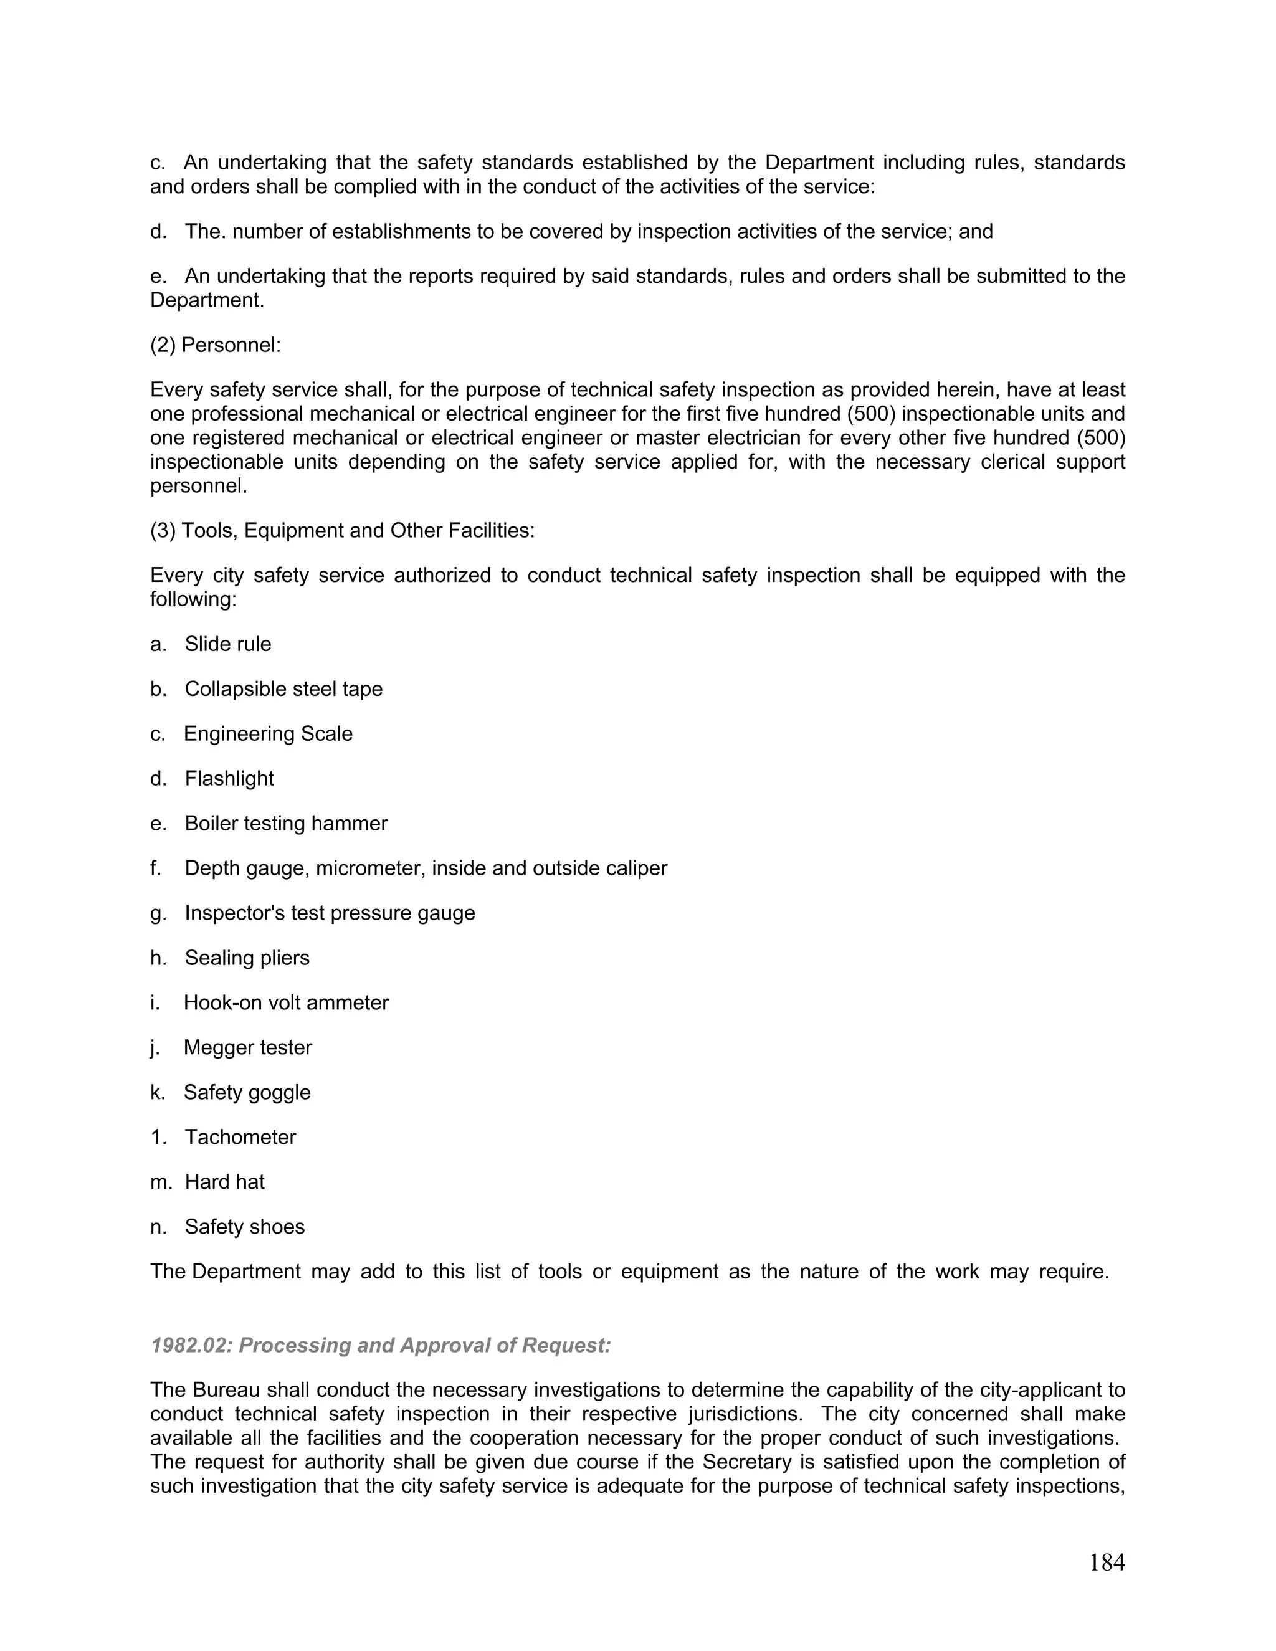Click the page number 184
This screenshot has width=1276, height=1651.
[1107, 1563]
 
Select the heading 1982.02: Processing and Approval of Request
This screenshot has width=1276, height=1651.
[380, 1346]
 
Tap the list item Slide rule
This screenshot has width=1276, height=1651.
[227, 644]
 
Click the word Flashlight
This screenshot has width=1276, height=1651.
[229, 779]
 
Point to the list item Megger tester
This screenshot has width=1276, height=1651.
[247, 1048]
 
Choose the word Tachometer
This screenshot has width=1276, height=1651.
[240, 1137]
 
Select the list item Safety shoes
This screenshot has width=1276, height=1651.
[244, 1227]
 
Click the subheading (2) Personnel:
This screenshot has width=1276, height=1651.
[216, 346]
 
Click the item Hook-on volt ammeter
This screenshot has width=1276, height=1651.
[286, 1003]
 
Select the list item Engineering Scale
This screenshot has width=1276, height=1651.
[267, 734]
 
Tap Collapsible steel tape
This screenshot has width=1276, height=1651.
[283, 690]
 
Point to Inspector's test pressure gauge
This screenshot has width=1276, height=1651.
[330, 913]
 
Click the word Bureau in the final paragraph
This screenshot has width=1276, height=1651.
[224, 1390]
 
